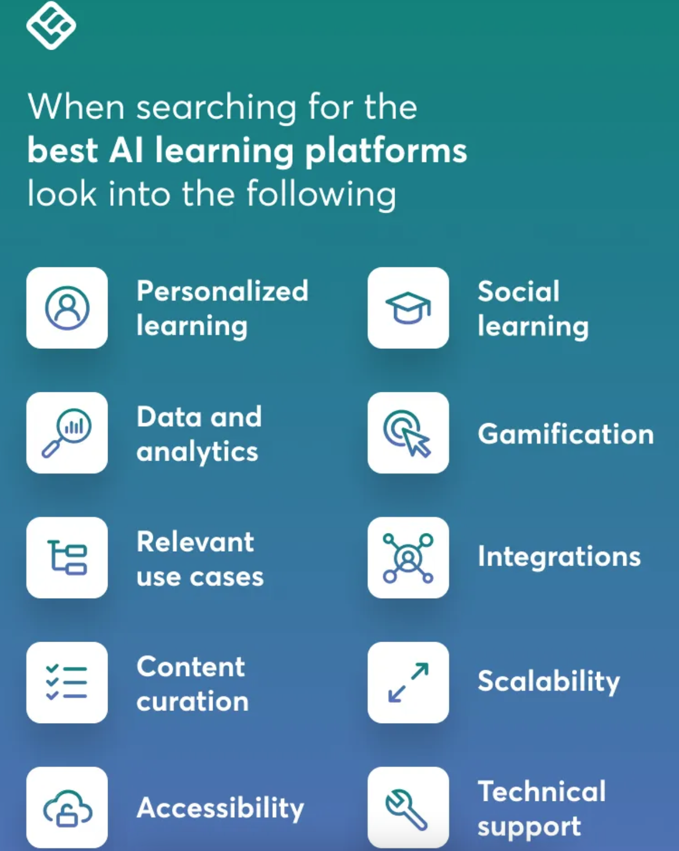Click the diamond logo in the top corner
click(51, 25)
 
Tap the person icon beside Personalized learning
click(67, 308)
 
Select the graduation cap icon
click(408, 308)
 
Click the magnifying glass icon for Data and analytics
click(67, 433)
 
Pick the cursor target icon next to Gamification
click(408, 433)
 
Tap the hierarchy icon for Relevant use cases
click(67, 557)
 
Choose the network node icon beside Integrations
click(408, 557)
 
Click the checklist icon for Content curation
click(67, 682)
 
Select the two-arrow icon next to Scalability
click(408, 682)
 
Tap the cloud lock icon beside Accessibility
click(67, 807)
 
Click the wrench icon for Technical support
click(408, 807)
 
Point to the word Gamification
click(565, 434)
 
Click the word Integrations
click(559, 557)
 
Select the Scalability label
click(548, 682)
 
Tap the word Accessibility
click(220, 808)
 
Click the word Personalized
click(222, 291)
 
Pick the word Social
click(519, 291)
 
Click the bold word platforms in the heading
click(386, 151)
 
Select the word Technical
click(542, 791)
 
